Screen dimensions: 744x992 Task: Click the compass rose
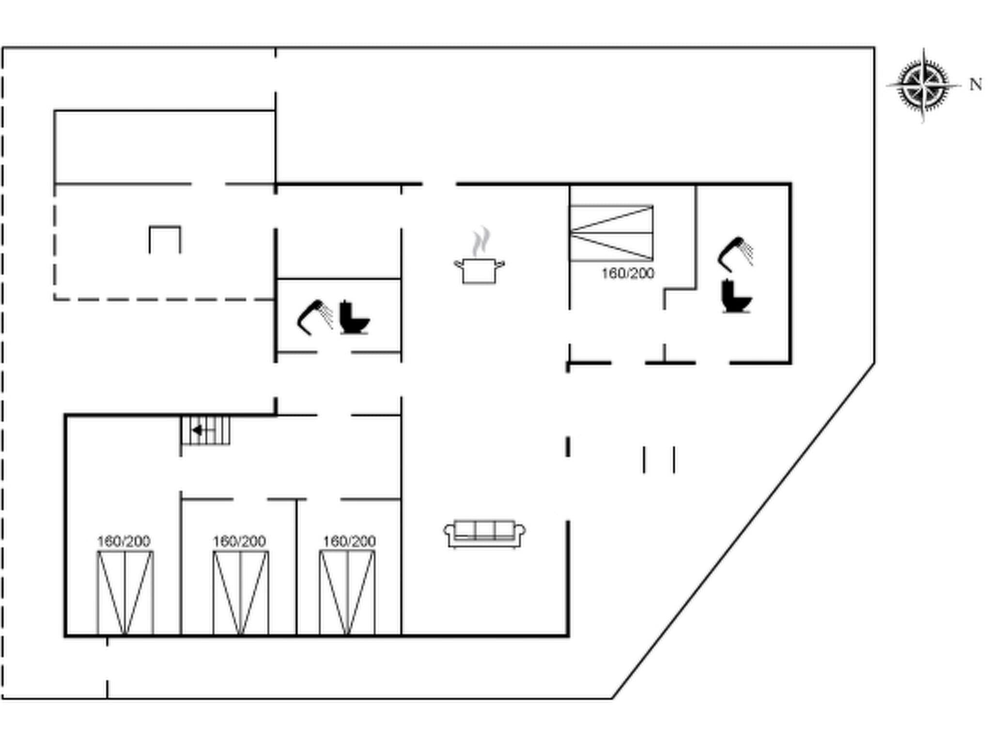[923, 85]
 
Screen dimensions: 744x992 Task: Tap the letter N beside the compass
[976, 85]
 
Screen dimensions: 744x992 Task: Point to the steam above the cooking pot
[481, 241]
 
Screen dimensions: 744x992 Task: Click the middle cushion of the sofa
[484, 530]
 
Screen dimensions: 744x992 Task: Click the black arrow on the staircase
[198, 430]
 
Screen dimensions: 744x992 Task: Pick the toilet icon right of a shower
[354, 318]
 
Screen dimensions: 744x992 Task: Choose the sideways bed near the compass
[611, 233]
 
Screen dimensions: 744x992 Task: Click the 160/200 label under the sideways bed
[628, 274]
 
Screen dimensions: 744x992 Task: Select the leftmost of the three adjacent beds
[125, 592]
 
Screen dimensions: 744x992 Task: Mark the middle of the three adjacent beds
[241, 592]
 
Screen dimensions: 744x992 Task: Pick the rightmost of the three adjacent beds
[347, 592]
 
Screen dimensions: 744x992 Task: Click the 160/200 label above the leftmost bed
[124, 541]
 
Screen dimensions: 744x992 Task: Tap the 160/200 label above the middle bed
[239, 541]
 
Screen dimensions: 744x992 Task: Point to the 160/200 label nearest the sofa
[349, 541]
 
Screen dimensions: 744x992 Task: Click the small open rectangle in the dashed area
[165, 239]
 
